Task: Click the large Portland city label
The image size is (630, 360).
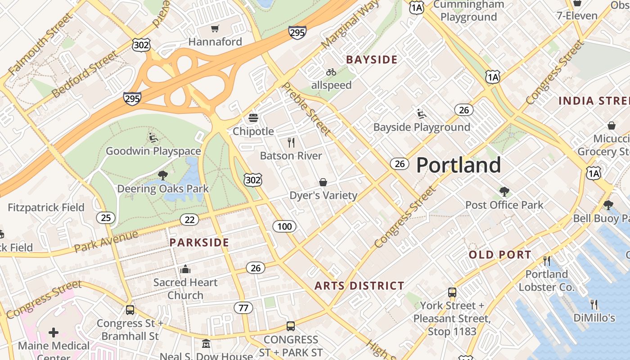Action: [x=458, y=165]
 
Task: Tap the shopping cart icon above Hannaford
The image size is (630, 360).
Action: [x=215, y=29]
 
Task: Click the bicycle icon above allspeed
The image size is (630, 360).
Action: [x=331, y=72]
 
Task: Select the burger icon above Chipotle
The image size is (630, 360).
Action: [x=253, y=118]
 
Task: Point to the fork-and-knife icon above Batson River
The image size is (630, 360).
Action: [x=291, y=143]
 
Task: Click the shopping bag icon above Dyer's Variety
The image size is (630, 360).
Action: [x=323, y=182]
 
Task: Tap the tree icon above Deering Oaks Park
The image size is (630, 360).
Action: [x=162, y=175]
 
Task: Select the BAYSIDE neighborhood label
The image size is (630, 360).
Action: [x=372, y=59]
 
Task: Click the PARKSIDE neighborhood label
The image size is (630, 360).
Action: [x=199, y=243]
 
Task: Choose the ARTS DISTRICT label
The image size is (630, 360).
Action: [x=359, y=286]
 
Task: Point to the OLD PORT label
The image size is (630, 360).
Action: [x=500, y=255]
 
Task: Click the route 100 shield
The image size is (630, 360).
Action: [x=284, y=226]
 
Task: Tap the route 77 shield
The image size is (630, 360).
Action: [x=243, y=308]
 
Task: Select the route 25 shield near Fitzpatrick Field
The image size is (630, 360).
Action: [x=106, y=218]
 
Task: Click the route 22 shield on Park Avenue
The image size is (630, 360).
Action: [x=189, y=220]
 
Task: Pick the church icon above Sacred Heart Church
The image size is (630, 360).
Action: [x=185, y=270]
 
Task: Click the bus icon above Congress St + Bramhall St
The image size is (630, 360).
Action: [x=130, y=310]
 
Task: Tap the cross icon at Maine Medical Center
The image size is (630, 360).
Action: [x=54, y=333]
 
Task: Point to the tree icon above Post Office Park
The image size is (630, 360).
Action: [x=504, y=192]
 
